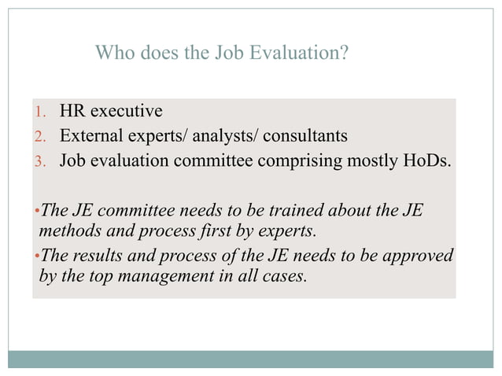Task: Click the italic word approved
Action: (419, 257)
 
